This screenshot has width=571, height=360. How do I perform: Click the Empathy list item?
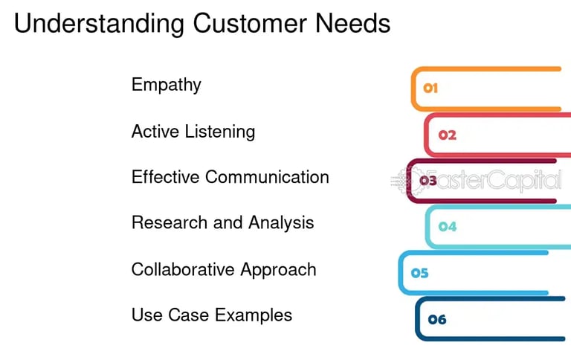click(x=166, y=85)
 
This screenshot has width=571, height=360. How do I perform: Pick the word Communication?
click(x=268, y=177)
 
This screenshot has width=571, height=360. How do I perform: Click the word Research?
click(x=166, y=222)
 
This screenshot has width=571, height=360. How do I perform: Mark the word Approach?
click(x=283, y=269)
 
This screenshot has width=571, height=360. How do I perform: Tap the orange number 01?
click(x=430, y=89)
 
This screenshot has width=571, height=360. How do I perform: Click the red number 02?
click(x=447, y=135)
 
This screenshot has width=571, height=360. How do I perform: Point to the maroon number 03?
click(x=428, y=180)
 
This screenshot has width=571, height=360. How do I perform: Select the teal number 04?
click(x=447, y=227)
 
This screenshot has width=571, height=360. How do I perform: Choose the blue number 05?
click(x=420, y=273)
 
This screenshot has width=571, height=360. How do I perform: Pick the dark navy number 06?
click(x=437, y=320)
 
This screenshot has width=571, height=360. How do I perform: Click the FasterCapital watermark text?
click(x=499, y=180)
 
